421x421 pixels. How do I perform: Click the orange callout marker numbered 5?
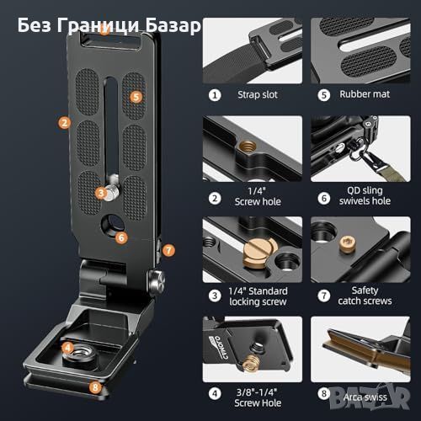[x=136, y=97]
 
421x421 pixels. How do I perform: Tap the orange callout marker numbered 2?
[x=64, y=123]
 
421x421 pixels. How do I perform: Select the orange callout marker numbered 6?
[x=121, y=238]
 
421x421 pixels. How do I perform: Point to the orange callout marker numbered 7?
[x=168, y=250]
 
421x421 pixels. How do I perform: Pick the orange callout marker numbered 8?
[x=95, y=387]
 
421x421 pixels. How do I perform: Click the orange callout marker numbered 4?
[x=67, y=348]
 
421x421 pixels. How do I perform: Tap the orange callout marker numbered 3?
[x=101, y=193]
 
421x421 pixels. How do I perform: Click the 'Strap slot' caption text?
[x=258, y=94]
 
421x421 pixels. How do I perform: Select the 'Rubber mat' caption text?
[x=365, y=94]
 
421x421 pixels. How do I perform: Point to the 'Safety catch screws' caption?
[x=365, y=296]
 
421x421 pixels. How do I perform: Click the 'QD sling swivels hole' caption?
[x=365, y=195]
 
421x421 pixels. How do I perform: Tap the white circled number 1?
[x=215, y=95]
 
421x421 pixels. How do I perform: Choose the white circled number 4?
[x=215, y=393]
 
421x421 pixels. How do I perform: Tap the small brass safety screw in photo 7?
[x=348, y=244]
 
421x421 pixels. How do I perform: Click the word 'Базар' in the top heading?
[x=173, y=25]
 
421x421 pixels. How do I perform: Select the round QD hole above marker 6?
[x=112, y=225]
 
